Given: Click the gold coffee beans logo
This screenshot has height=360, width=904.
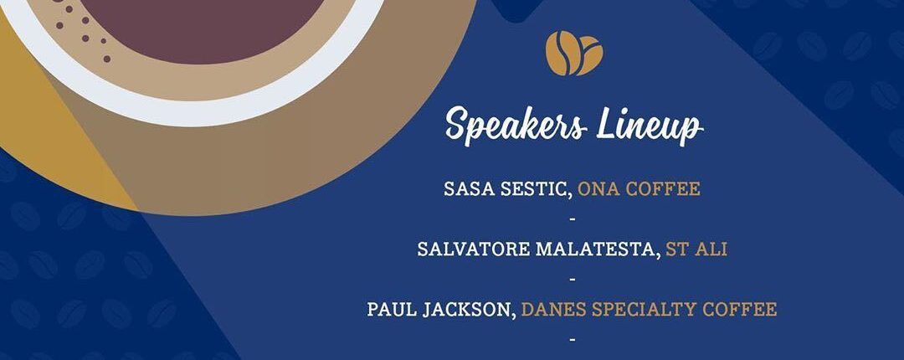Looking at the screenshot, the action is click(x=574, y=53).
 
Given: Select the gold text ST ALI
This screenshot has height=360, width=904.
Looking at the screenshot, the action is click(x=696, y=249).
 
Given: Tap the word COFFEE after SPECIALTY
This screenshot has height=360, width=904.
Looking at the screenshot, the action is click(x=740, y=309).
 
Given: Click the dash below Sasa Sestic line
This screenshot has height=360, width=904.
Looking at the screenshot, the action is click(x=573, y=220).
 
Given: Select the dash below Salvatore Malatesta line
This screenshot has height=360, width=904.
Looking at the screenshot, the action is click(x=573, y=280).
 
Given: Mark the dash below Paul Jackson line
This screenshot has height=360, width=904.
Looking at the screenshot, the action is click(x=573, y=340).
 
